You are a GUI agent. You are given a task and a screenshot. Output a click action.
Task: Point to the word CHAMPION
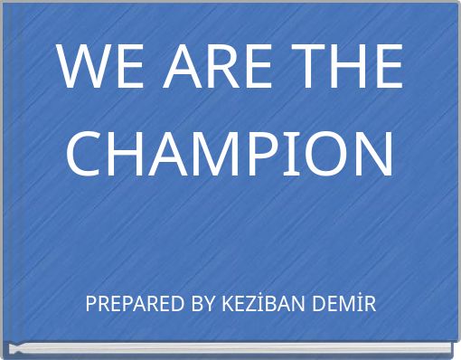point(230,154)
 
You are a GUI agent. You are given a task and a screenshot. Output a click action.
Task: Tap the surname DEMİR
point(341,305)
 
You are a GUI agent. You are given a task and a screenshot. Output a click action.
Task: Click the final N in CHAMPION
point(372,154)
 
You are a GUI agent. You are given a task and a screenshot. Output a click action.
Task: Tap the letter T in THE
point(304,68)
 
